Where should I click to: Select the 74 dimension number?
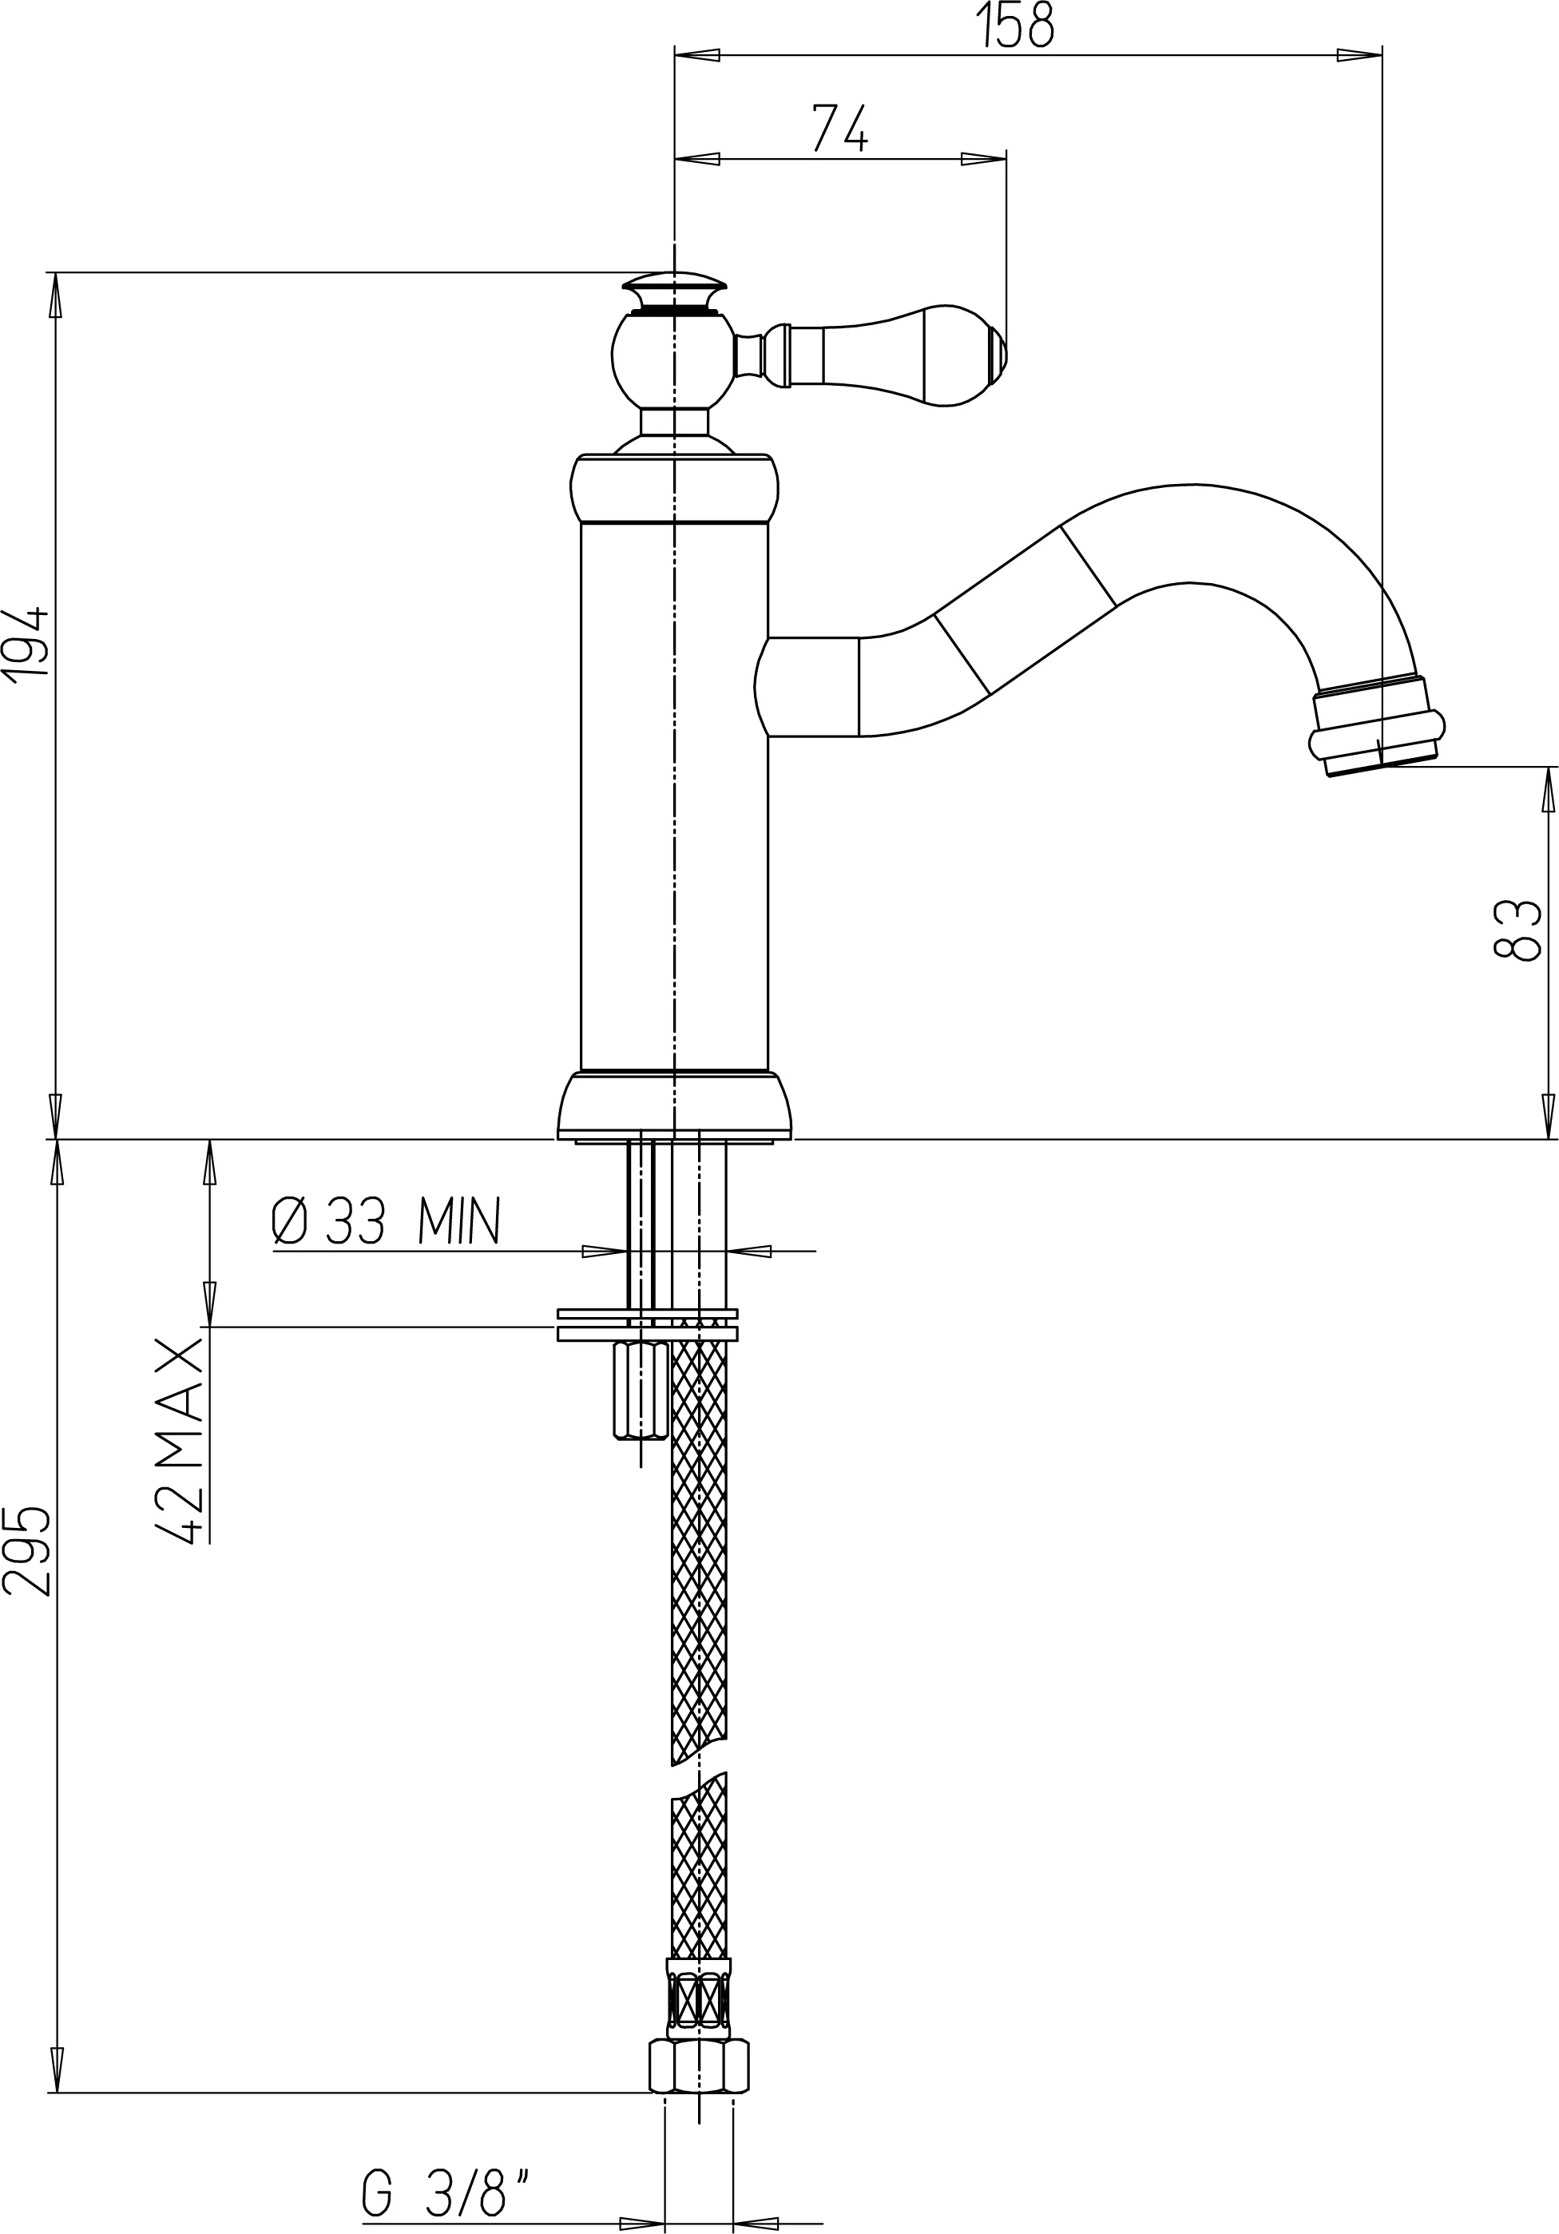[x=839, y=129]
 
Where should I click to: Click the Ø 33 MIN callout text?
[x=386, y=1222]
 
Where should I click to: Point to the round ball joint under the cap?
[x=671, y=360]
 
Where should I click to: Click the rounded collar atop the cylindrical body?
[x=674, y=489]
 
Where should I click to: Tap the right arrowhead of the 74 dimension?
[x=984, y=160]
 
